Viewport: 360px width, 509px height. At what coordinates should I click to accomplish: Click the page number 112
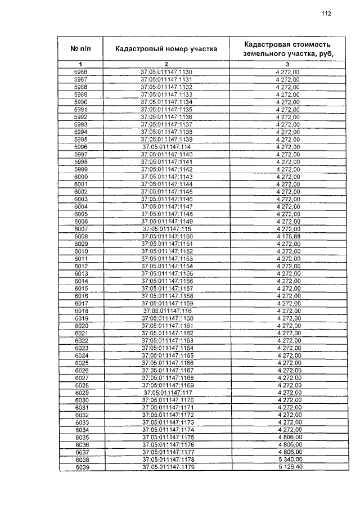pyautogui.click(x=326, y=14)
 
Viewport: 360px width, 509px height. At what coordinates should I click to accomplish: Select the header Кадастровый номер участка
pyautogui.click(x=166, y=49)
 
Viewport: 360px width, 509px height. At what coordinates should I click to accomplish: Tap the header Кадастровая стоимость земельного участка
pyautogui.click(x=287, y=49)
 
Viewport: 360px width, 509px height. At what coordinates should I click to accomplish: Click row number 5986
pyautogui.click(x=81, y=72)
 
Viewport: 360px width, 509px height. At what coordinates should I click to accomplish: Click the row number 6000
pyautogui.click(x=81, y=177)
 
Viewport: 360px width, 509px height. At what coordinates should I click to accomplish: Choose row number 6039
pyautogui.click(x=81, y=467)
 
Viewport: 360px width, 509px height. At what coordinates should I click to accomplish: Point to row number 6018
pyautogui.click(x=81, y=310)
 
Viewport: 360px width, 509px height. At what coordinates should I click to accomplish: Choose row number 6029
pyautogui.click(x=81, y=392)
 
